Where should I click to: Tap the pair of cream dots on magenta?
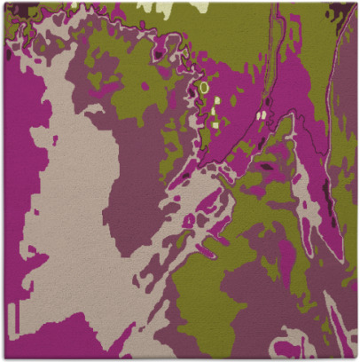coord(261,114)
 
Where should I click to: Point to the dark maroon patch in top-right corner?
coord(340,12)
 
